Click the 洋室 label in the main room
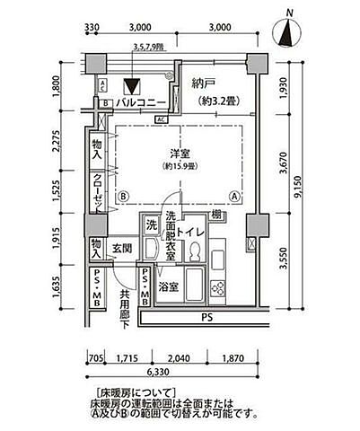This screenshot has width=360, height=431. [x=180, y=153]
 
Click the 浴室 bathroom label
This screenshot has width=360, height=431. [x=168, y=288]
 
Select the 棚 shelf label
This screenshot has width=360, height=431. [x=218, y=214]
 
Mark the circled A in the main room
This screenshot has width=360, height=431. [x=233, y=196]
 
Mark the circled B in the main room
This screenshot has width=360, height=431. [x=123, y=196]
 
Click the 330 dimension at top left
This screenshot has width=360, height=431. [x=92, y=28]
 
